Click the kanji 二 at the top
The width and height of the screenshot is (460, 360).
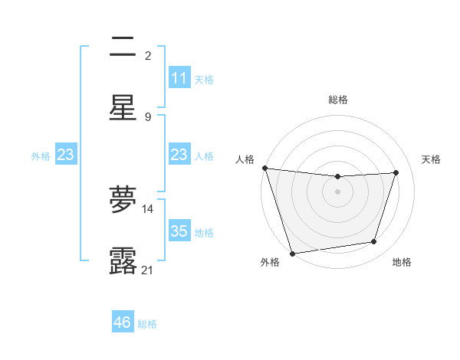coord(123,48)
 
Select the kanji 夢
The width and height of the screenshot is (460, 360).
coord(123,200)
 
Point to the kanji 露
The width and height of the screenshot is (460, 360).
coord(123,261)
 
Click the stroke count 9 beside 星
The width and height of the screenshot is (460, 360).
coord(148,116)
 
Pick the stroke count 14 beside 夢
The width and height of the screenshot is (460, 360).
coord(148,208)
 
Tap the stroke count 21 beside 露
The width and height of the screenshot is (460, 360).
coord(148,270)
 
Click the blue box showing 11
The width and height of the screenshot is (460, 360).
coord(179,78)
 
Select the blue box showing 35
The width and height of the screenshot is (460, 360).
coord(179,231)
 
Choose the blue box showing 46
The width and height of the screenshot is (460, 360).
coord(123,322)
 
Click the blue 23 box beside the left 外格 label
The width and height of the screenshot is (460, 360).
coord(66,155)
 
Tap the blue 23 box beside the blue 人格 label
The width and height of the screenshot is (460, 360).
coord(179,155)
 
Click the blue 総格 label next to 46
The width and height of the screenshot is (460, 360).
coord(147,324)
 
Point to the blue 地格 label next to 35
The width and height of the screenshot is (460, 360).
coord(204,232)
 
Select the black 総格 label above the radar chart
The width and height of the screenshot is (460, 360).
coord(337,100)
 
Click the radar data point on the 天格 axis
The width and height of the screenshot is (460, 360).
coord(396,172)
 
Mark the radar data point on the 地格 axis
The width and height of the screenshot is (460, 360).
coord(374,242)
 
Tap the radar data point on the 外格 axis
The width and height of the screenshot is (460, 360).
coord(292,253)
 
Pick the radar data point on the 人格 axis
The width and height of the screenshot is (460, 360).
coord(264,168)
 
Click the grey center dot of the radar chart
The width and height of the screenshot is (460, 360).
coord(337,191)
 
